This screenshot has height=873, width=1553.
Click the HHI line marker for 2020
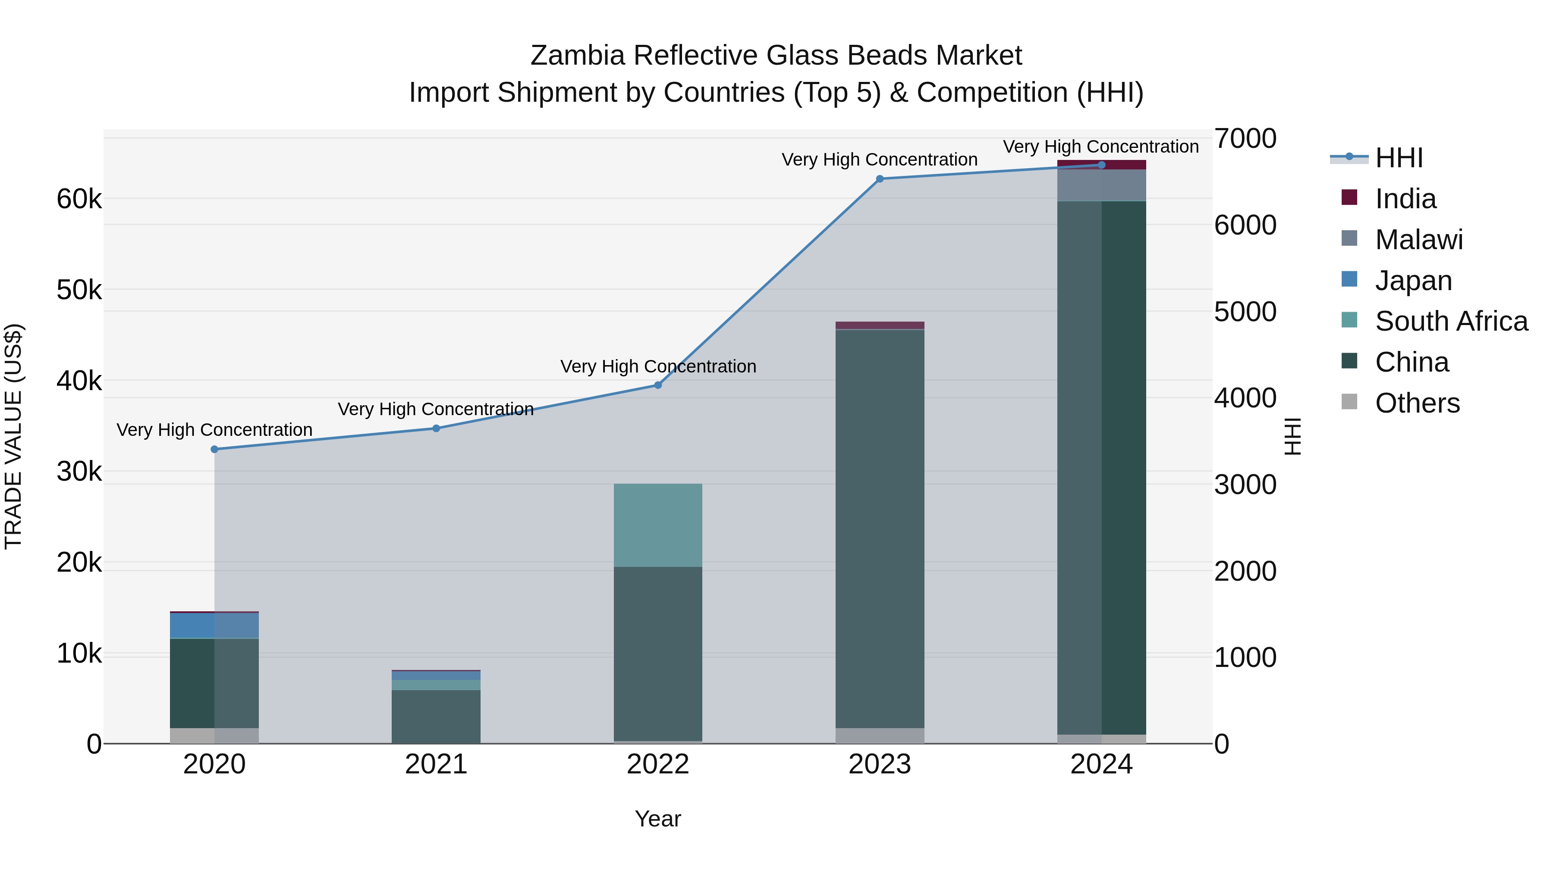(215, 450)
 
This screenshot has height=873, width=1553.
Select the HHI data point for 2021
(437, 429)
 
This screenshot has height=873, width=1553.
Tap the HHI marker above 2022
(658, 385)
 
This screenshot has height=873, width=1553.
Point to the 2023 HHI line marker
(880, 179)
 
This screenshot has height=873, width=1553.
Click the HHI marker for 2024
(1101, 165)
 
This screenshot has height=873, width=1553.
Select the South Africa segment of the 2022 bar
(658, 526)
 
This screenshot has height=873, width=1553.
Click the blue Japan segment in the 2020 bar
(215, 626)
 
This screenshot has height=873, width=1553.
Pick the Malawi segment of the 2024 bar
(1101, 185)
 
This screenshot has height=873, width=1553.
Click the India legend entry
(1405, 199)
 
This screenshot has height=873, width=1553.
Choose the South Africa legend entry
(1451, 321)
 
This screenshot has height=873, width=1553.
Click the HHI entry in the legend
(1399, 158)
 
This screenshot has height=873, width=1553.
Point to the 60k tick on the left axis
(79, 199)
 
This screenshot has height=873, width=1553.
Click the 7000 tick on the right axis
(1245, 138)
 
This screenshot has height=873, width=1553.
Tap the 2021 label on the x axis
(437, 764)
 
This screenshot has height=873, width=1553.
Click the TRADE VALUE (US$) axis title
(13, 436)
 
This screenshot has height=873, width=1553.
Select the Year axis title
(658, 819)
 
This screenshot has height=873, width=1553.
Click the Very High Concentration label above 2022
(658, 366)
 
